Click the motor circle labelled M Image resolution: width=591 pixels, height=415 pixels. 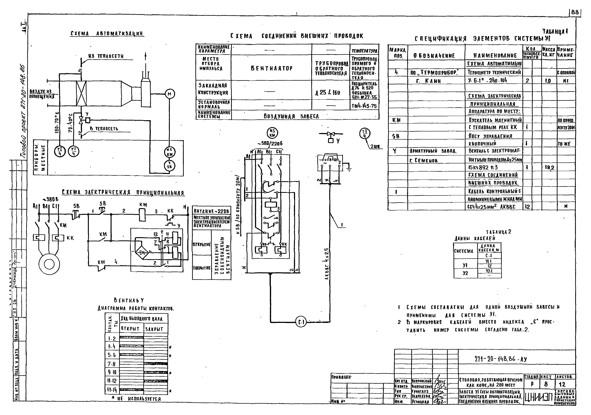(x=169, y=94)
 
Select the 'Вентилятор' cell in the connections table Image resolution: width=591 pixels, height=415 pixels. (x=272, y=68)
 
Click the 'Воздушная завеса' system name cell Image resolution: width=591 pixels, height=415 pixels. (x=291, y=116)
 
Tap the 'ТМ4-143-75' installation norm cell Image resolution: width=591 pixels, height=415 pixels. (x=364, y=106)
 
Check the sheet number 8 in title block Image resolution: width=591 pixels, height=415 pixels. (x=546, y=384)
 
